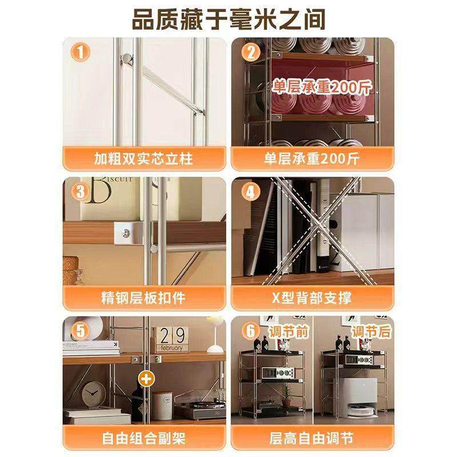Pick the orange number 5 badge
pos(82,331)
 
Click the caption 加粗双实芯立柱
pos(144,158)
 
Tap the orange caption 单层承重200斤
pos(312,158)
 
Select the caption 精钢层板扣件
pos(144,298)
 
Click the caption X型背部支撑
pos(312,298)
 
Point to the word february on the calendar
pos(171,347)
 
